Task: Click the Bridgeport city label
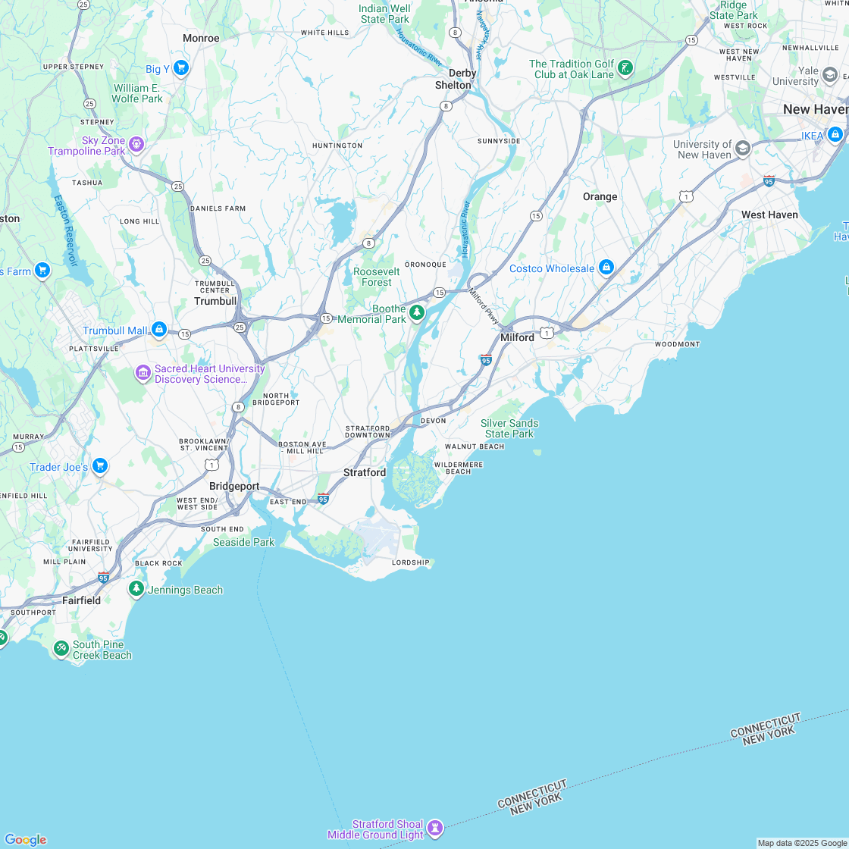coord(234,486)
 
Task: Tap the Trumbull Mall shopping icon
coord(158,330)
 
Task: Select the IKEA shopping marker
coord(835,135)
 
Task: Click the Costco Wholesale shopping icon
coord(606,268)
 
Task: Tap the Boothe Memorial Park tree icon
coord(416,312)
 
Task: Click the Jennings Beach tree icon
coord(136,589)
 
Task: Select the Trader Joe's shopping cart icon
coord(100,466)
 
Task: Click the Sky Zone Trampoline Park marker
coord(136,143)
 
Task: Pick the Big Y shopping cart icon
coord(180,68)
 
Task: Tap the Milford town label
coord(517,337)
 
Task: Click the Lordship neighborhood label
coord(410,562)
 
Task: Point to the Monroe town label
coord(201,38)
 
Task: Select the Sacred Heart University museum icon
coord(143,373)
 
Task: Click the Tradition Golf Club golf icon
coord(625,68)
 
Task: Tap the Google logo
coord(25,839)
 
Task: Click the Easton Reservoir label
coord(66,230)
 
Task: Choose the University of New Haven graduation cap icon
coord(743,149)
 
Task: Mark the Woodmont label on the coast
coord(677,344)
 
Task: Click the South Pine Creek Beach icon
coord(61,649)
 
